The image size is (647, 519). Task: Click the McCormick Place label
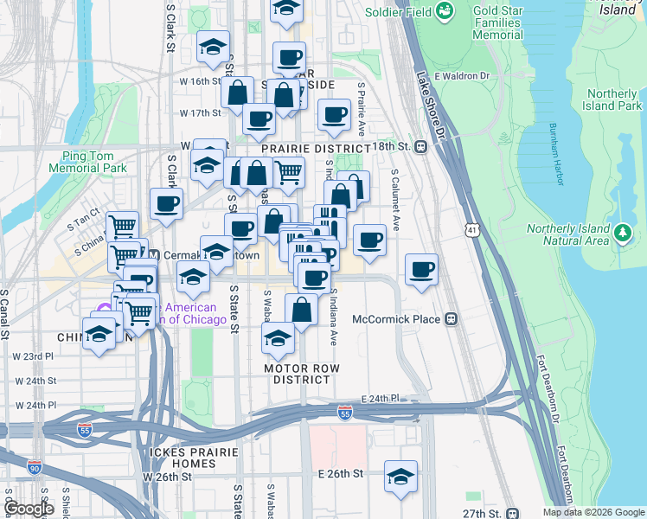click(x=396, y=319)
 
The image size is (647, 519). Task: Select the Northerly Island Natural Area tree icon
click(x=621, y=233)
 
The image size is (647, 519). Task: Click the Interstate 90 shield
click(x=35, y=468)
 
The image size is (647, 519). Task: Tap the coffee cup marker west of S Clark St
click(x=166, y=204)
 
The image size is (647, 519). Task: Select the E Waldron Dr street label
click(x=462, y=75)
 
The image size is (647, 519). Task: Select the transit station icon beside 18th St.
click(x=421, y=146)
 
